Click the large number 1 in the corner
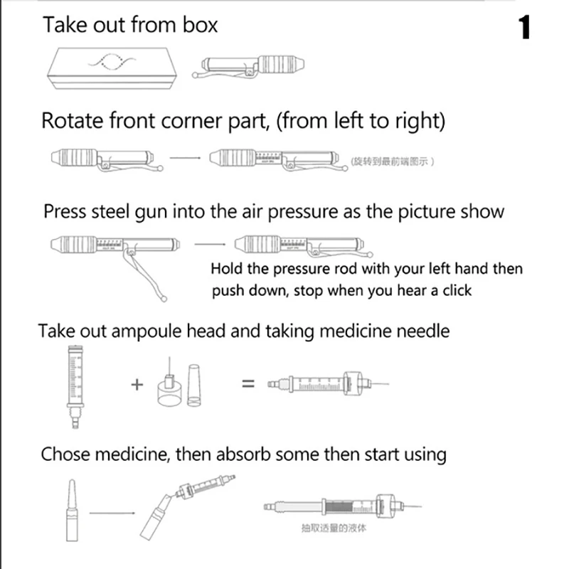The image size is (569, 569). click(x=524, y=28)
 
